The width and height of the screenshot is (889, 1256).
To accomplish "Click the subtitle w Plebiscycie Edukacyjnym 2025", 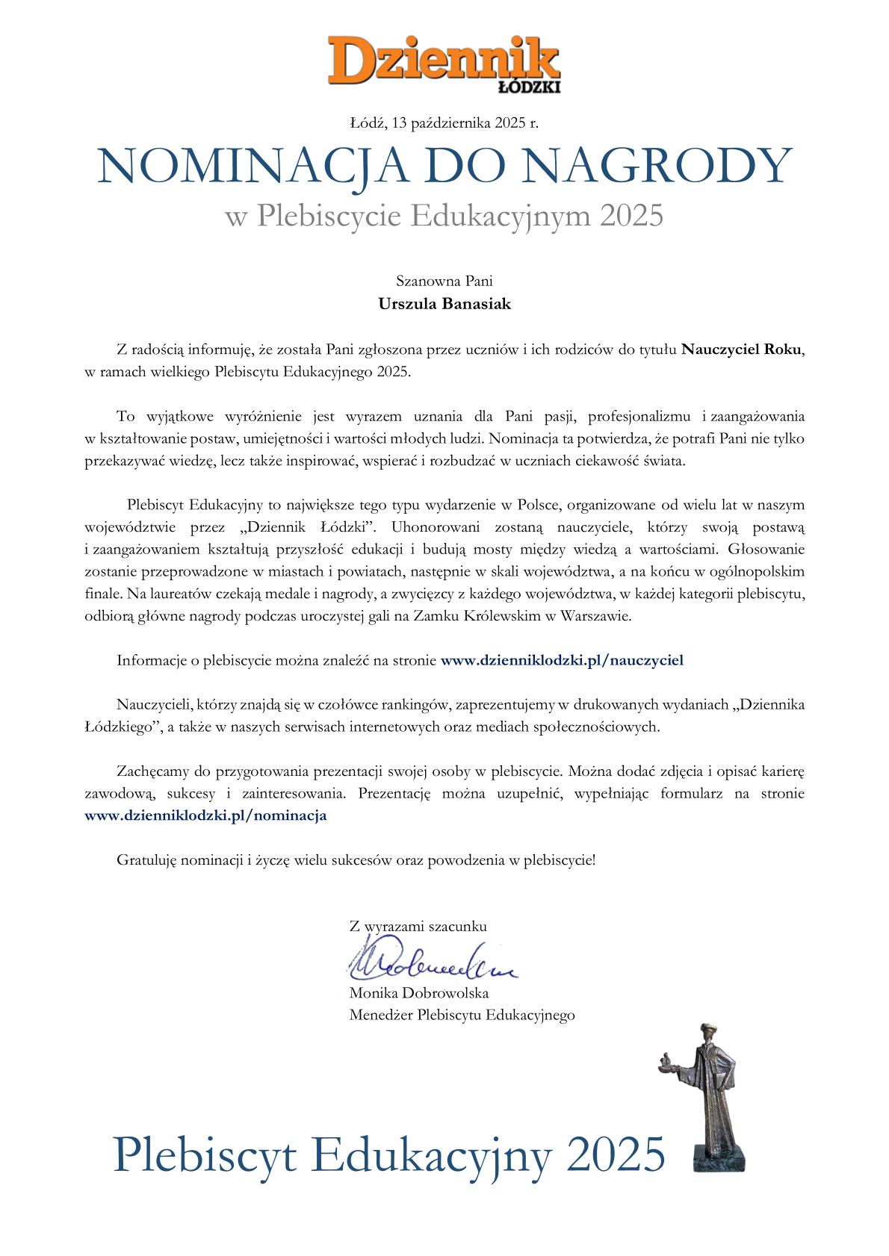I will tap(444, 217).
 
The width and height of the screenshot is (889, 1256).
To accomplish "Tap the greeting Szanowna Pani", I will tap(444, 282).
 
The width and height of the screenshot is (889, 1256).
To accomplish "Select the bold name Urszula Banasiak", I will tap(444, 304).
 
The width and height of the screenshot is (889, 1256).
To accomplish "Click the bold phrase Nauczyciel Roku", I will tap(743, 349).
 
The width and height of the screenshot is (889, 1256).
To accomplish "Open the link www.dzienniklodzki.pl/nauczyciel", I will tap(562, 660).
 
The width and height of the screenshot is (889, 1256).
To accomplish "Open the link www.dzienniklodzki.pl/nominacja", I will tap(206, 815).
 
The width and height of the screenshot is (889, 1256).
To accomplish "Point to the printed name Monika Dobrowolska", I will tap(419, 993).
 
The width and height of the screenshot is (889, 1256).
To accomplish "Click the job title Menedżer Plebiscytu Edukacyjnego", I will tap(462, 1015).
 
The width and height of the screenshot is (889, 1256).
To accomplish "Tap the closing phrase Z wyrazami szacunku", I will tap(418, 927).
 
